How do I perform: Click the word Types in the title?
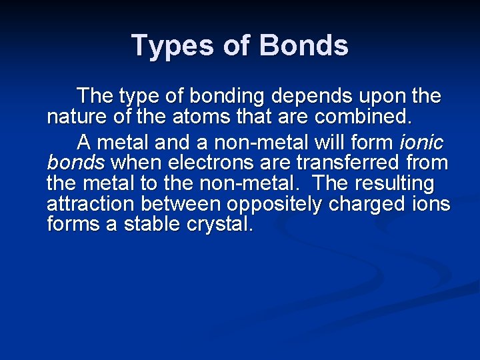click(168, 46)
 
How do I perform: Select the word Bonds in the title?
click(303, 46)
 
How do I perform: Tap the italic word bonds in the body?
click(75, 163)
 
